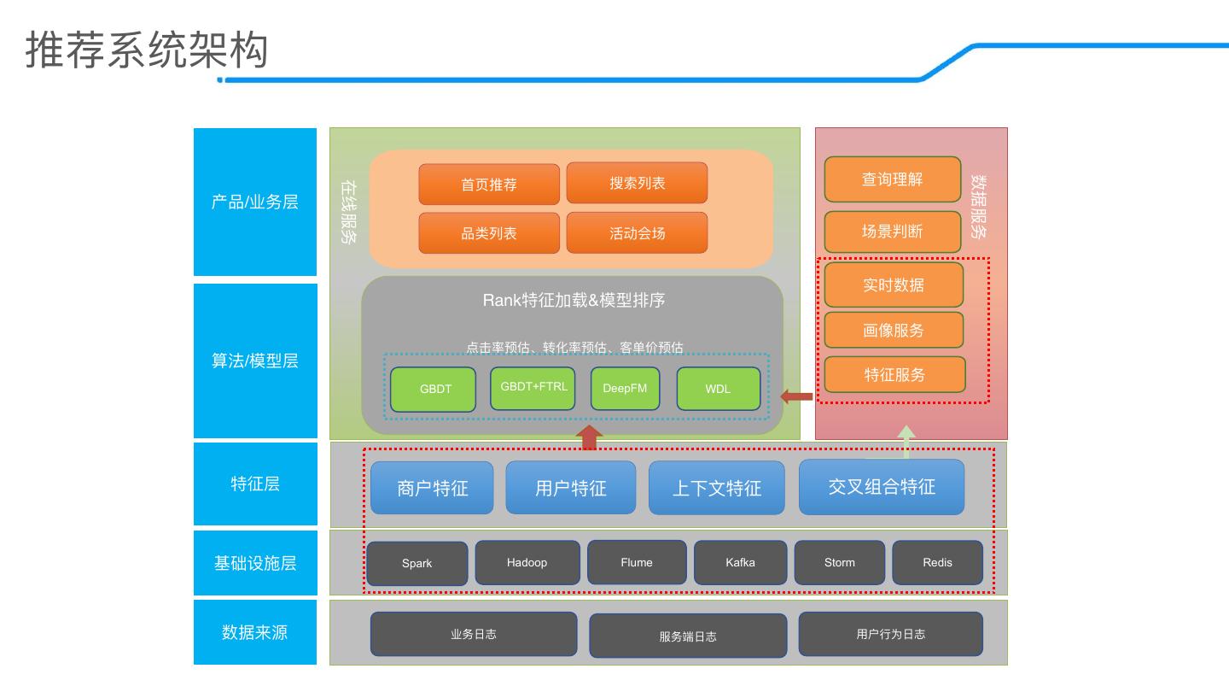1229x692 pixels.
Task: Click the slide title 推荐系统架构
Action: pos(147,50)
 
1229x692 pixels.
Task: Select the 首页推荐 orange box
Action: pos(489,184)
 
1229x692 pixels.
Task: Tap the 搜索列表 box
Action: pos(637,183)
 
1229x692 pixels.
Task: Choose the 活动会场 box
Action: pos(637,233)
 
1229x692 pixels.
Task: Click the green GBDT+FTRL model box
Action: pos(533,388)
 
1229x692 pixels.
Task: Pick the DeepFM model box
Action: pos(625,388)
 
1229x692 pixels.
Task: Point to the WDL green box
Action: pos(719,389)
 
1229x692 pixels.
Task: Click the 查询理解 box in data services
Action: pos(893,179)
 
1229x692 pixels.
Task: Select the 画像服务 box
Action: pos(894,330)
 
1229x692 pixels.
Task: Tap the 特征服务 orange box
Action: pos(894,374)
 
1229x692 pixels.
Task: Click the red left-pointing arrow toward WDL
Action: pos(796,396)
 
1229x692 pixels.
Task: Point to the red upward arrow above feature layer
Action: pos(589,437)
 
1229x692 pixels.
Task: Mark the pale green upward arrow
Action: pos(906,442)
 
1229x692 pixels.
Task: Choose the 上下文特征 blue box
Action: pos(717,488)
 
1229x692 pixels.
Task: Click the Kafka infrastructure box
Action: pos(740,562)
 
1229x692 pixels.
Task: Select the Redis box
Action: pos(937,562)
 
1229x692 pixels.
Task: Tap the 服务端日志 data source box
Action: pos(688,636)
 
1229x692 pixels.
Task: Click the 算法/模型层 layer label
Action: pos(255,361)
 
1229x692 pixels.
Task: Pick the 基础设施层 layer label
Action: pos(255,563)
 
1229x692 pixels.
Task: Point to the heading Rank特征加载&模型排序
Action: pos(574,300)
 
